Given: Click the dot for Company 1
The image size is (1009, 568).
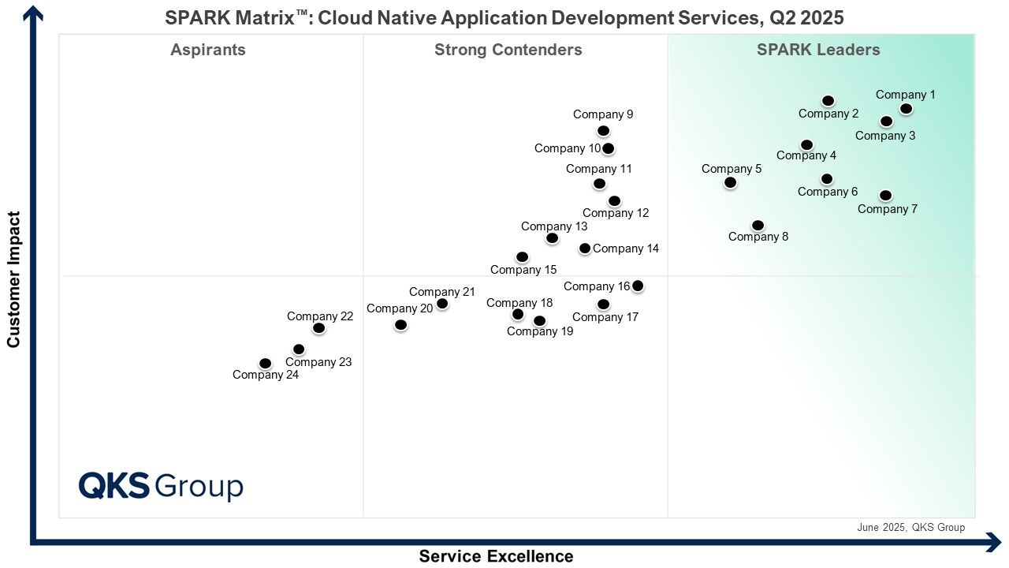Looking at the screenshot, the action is (x=906, y=109).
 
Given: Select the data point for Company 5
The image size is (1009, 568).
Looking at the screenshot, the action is (x=730, y=182).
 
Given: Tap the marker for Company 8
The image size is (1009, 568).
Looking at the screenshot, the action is (x=758, y=226).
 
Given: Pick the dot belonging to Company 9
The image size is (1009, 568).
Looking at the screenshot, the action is (x=603, y=131).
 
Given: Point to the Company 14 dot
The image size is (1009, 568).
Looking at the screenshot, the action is (x=585, y=248).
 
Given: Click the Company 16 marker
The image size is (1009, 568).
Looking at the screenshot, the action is (x=638, y=286).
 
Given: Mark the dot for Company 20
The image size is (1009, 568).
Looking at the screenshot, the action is (x=400, y=325).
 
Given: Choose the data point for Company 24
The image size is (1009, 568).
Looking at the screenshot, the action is (x=266, y=364).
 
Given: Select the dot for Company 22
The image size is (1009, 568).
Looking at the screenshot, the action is (x=318, y=328).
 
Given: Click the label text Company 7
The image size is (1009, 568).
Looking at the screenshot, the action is (x=887, y=209).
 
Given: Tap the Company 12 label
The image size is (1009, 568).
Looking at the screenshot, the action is (x=616, y=213).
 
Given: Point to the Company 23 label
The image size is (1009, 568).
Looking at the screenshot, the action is (x=318, y=362).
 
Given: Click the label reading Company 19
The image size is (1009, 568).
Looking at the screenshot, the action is (x=540, y=331).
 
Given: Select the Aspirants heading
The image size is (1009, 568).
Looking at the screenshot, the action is (x=207, y=50).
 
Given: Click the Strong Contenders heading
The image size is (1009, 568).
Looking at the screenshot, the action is (x=508, y=50).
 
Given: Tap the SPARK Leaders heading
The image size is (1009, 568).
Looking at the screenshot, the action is (x=818, y=50).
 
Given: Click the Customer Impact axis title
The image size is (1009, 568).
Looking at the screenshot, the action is (x=13, y=279).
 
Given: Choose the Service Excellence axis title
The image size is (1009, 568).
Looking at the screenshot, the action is (x=496, y=556).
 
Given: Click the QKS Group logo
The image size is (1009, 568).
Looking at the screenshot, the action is (x=161, y=486).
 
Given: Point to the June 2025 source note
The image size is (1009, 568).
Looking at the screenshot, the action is (x=910, y=528).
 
